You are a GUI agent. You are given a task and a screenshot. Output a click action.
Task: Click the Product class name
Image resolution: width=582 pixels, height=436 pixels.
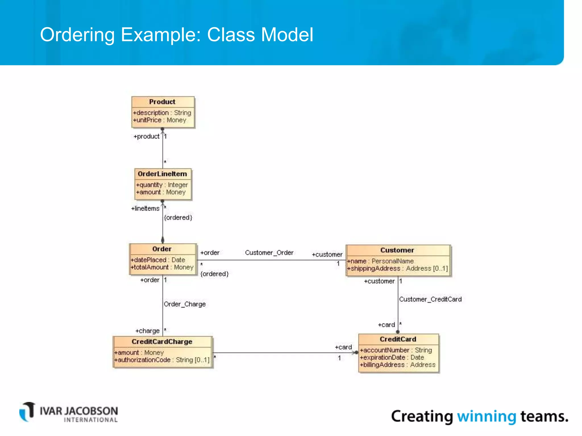coord(162,102)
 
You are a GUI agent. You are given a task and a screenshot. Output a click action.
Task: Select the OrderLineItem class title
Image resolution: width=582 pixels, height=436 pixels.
coord(162,174)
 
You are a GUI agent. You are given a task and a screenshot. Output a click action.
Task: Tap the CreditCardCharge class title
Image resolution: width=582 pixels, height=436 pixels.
coord(162,342)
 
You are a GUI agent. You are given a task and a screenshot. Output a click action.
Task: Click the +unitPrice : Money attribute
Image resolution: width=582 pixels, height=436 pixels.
coord(159,120)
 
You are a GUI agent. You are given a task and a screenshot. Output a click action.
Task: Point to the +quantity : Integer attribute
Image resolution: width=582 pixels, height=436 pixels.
coord(162,185)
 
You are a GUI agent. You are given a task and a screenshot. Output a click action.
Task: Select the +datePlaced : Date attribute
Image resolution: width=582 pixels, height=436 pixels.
coord(158,260)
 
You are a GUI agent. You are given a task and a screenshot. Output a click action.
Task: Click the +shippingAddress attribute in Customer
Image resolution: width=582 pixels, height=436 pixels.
coord(397,269)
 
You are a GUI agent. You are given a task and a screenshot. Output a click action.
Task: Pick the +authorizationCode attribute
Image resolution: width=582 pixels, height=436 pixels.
coord(162,360)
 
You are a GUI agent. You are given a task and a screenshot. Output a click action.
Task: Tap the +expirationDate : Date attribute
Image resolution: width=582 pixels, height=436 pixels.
coord(392,358)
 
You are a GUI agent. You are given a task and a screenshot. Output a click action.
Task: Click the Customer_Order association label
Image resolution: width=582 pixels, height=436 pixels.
coord(269,253)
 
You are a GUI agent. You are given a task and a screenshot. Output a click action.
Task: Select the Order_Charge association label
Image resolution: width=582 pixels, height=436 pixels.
coord(185,304)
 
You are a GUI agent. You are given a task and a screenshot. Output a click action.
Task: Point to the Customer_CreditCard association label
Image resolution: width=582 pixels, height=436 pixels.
coord(430,299)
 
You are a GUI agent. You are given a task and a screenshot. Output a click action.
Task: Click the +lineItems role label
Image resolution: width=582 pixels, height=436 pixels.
coord(145,209)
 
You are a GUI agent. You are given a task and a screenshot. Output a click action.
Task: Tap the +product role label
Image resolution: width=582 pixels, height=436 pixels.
coord(146,137)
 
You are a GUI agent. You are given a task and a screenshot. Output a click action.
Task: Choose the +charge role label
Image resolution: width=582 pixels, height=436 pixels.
coord(147,331)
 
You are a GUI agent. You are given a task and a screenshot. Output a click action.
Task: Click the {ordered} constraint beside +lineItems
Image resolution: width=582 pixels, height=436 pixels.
coord(178,218)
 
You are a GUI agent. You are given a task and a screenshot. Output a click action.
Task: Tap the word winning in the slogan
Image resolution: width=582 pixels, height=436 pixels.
coord(487,417)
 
